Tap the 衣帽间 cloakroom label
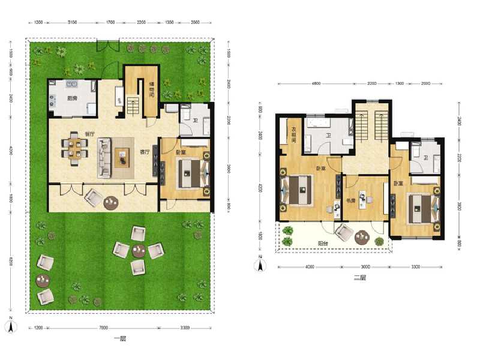(294, 134)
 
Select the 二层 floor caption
(359, 277)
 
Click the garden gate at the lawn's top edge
(109, 45)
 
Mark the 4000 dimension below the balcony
(308, 267)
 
